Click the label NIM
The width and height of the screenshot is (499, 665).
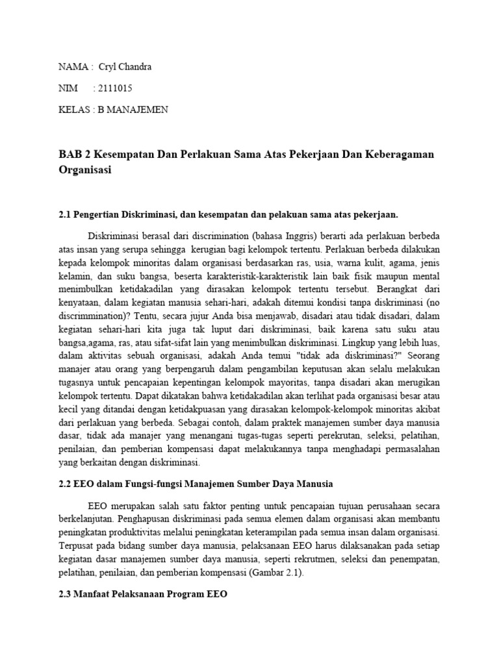(68, 88)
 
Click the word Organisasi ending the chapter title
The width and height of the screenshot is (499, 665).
(85, 171)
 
